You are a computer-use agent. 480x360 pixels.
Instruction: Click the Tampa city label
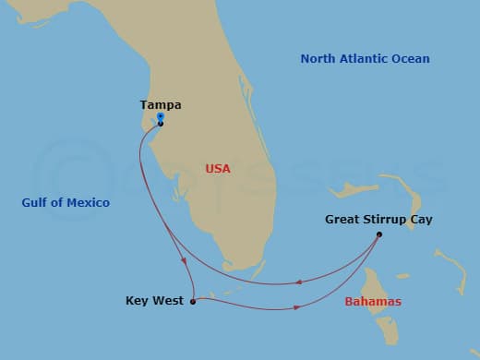click(160, 105)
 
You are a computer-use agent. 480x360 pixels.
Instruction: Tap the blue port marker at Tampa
click(161, 117)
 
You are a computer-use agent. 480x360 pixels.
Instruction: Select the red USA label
click(218, 169)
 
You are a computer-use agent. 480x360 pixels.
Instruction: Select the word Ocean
click(413, 59)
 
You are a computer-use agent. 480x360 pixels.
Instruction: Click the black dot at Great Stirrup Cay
click(379, 234)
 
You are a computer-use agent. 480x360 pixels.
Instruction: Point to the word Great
click(342, 220)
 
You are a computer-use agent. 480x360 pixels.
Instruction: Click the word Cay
click(421, 220)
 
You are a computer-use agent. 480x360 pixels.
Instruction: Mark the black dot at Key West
click(192, 301)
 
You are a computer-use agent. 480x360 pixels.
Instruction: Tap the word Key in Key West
click(137, 301)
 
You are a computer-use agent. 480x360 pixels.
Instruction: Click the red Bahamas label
click(373, 302)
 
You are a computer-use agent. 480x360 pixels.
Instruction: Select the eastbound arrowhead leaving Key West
click(295, 308)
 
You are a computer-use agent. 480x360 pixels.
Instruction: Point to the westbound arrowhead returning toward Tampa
click(299, 282)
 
